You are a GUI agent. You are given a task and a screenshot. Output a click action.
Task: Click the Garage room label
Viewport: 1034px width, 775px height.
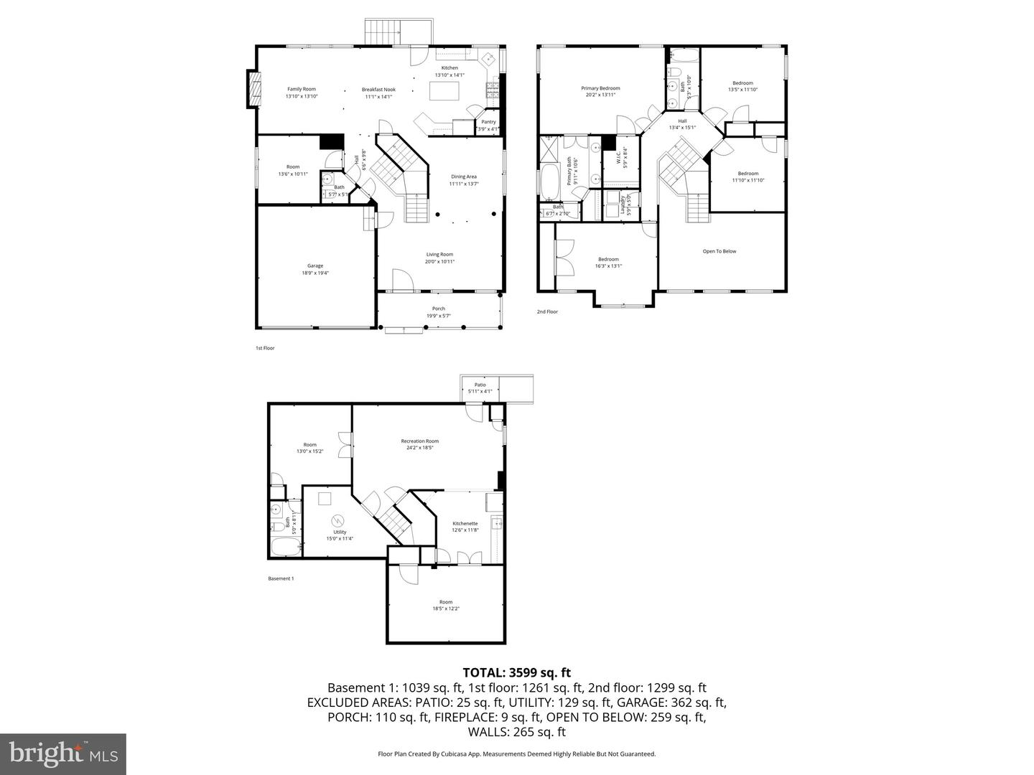[x=315, y=266]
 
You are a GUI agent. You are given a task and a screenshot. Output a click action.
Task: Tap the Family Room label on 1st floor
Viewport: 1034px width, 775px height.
[x=302, y=89]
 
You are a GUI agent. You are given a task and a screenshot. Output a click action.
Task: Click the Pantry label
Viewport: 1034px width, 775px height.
[x=488, y=122]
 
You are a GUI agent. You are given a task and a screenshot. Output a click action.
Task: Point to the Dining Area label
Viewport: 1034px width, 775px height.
[x=463, y=177]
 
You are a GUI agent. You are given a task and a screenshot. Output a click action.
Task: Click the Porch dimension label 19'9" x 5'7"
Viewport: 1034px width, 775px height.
[x=438, y=316]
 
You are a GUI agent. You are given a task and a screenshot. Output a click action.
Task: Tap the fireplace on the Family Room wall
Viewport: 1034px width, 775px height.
[x=253, y=89]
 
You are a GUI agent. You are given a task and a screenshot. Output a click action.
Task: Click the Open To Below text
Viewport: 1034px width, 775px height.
[x=719, y=251]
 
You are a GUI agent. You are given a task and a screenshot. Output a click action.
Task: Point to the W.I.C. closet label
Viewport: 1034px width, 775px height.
[x=618, y=157]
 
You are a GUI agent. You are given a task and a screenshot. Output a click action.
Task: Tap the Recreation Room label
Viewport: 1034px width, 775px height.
[x=419, y=441]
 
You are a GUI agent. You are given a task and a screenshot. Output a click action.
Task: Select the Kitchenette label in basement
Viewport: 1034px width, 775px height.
[x=465, y=524]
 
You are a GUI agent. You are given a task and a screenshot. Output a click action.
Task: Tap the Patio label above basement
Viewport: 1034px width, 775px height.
[x=480, y=385]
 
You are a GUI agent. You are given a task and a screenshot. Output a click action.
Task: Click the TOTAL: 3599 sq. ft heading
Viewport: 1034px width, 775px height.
[x=516, y=672]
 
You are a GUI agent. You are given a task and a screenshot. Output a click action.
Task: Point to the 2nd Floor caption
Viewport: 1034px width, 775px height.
[x=547, y=311]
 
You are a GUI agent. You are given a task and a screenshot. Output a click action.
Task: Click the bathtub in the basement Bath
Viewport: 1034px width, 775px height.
[x=285, y=548]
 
